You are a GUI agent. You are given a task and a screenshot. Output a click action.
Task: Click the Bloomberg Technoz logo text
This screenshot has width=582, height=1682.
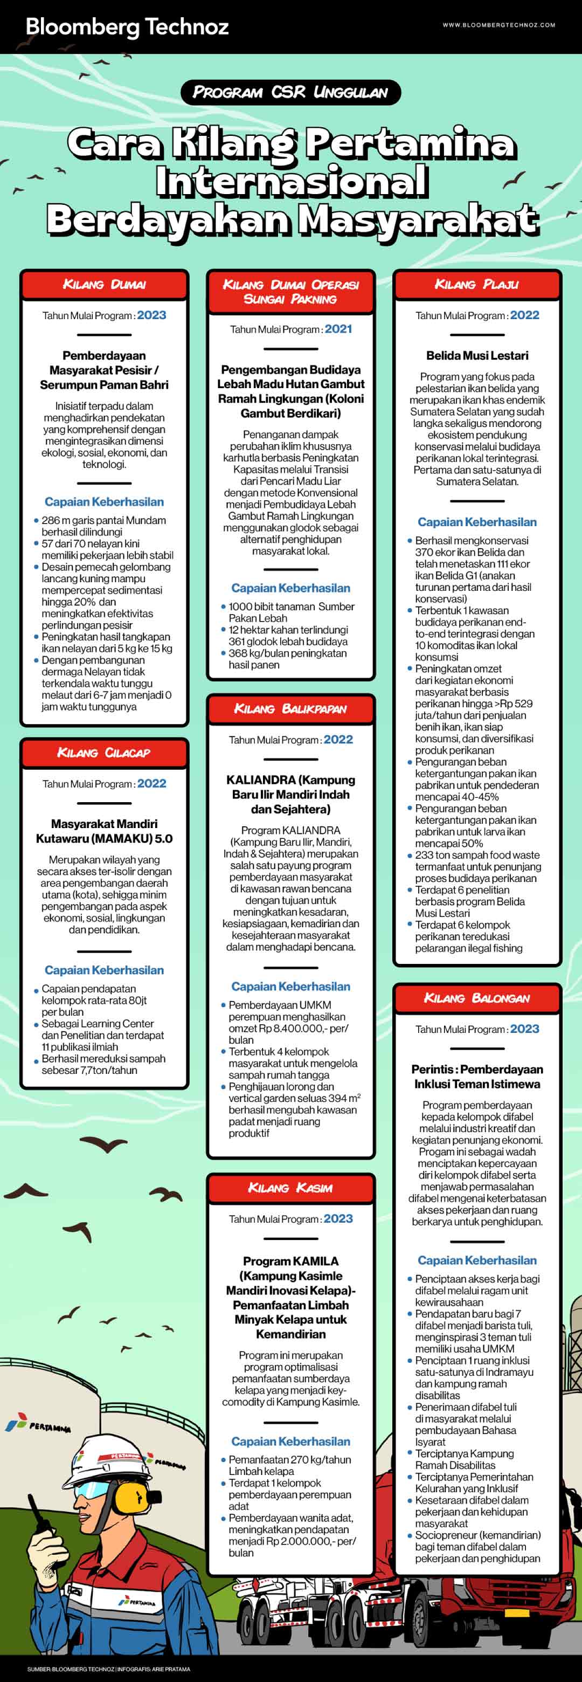pos(127,27)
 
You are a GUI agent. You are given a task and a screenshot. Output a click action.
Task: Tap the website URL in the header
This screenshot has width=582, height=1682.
pos(498,25)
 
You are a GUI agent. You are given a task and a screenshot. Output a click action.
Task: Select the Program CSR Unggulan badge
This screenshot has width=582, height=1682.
pos(290,92)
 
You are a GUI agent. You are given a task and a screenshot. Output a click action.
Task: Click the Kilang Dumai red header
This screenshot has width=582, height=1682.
pos(105,285)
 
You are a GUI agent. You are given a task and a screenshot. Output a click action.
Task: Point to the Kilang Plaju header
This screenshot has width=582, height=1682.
pos(477,285)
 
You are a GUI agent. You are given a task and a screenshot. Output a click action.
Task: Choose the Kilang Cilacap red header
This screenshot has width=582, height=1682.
pos(105,753)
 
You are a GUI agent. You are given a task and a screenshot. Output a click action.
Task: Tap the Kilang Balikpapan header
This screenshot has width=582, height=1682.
pos(290,709)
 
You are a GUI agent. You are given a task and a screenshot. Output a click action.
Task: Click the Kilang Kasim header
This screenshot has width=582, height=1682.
pos(290,1188)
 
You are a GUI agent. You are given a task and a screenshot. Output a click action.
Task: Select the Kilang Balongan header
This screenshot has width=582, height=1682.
pos(477,998)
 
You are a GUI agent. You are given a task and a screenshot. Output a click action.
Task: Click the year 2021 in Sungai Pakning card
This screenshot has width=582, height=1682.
pos(338,329)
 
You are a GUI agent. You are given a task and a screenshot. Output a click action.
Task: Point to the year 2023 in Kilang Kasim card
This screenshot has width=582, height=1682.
pos(338,1218)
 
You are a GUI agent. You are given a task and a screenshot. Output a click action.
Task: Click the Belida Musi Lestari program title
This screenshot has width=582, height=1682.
pos(477,356)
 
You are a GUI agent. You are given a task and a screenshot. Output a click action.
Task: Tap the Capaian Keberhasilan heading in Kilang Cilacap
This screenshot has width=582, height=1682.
pos(105,970)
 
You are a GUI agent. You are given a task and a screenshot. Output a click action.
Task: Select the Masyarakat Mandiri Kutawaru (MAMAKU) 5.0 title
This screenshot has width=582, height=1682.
pos(105,831)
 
